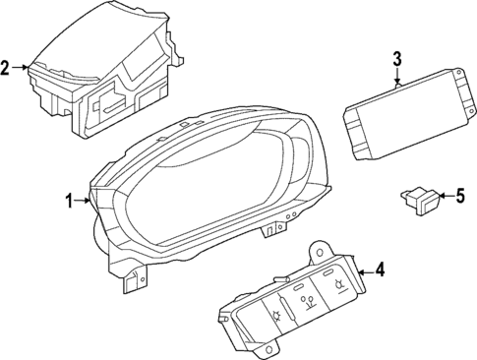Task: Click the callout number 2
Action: point(6,68)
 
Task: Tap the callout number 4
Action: point(381,270)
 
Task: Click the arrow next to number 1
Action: point(85,202)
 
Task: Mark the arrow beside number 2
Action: point(22,68)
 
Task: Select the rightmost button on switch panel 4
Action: point(338,285)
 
